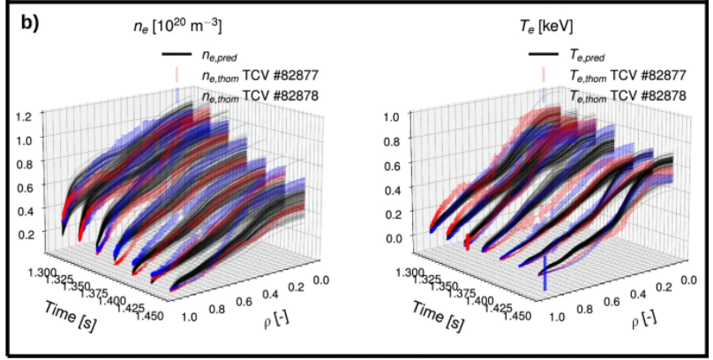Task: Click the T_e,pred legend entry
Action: tap(590, 56)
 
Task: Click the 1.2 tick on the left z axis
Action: tap(24, 116)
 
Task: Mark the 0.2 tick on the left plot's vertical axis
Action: tap(24, 233)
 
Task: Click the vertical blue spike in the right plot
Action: tap(544, 272)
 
